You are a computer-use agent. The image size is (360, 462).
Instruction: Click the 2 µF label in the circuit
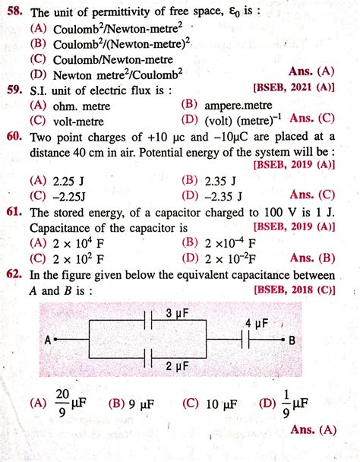(x=177, y=366)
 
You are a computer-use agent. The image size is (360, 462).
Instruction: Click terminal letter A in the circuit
(x=47, y=340)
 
